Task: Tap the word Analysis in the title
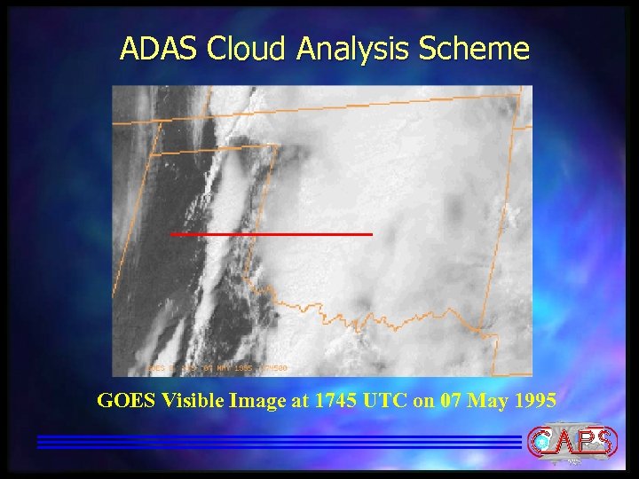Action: click(352, 50)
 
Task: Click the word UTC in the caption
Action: click(387, 401)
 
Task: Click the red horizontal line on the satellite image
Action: click(271, 234)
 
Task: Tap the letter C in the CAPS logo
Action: click(542, 440)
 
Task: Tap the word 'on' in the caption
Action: click(423, 402)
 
